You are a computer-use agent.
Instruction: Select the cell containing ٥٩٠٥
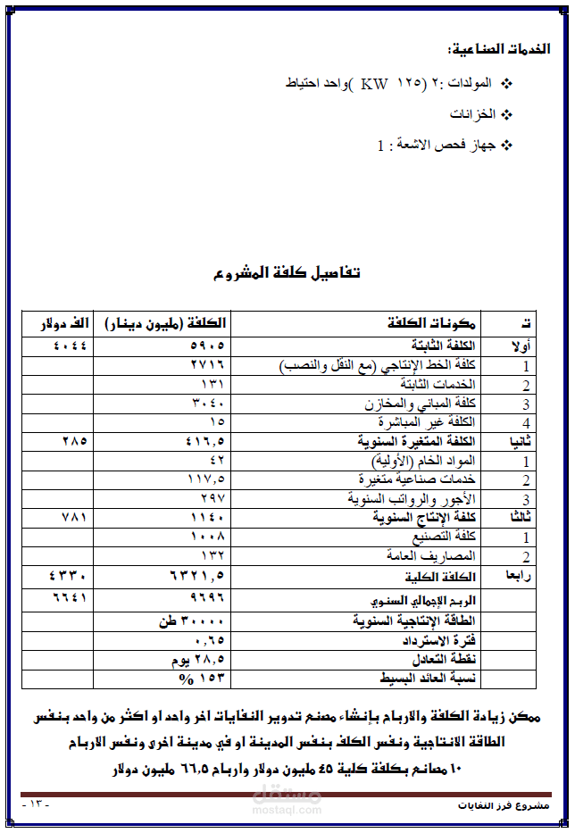[207, 345]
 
